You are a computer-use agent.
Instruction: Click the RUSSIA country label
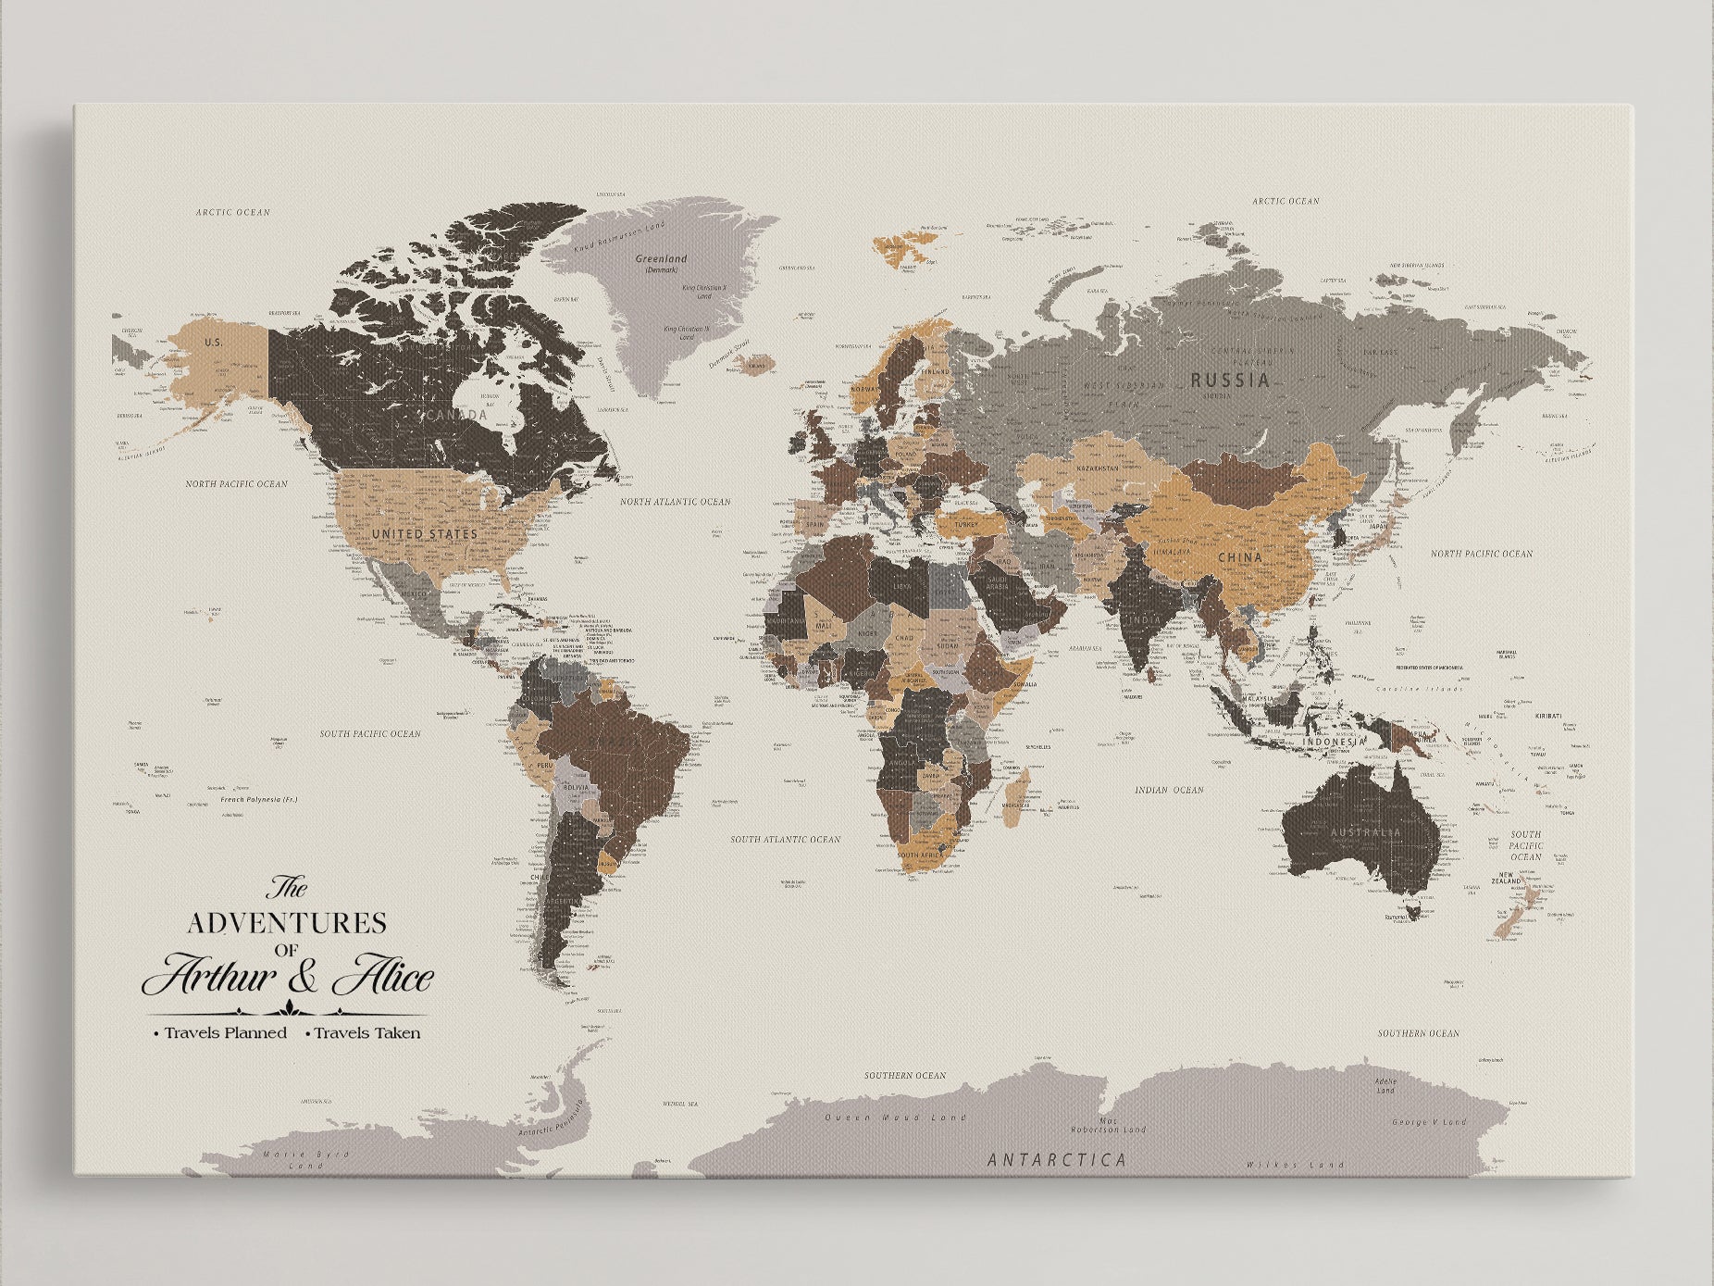(1229, 380)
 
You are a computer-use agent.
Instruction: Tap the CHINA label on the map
(1239, 557)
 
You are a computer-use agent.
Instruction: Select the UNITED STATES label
(424, 534)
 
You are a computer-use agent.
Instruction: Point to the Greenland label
(661, 259)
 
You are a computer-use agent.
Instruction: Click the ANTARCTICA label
(1057, 1159)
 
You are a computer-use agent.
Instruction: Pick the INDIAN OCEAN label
(1169, 790)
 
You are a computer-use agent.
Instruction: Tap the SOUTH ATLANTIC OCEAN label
(785, 839)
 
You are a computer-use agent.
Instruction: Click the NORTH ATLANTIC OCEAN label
(675, 502)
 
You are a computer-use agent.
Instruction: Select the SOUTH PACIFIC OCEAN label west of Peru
(370, 733)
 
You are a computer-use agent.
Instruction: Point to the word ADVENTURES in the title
(287, 922)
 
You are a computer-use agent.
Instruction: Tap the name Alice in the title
(381, 978)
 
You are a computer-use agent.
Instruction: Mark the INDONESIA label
(1334, 743)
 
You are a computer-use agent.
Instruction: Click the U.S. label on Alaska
(214, 342)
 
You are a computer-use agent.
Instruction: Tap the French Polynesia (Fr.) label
(258, 798)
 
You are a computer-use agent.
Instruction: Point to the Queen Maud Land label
(895, 1117)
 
